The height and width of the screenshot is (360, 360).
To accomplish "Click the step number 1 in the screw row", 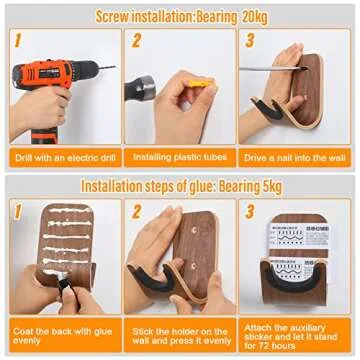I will [17, 41].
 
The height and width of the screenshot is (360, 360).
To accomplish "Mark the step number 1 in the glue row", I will [17, 212].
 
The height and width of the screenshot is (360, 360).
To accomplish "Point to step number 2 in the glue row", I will [135, 212].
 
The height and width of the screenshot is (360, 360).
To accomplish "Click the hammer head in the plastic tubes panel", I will [140, 89].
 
